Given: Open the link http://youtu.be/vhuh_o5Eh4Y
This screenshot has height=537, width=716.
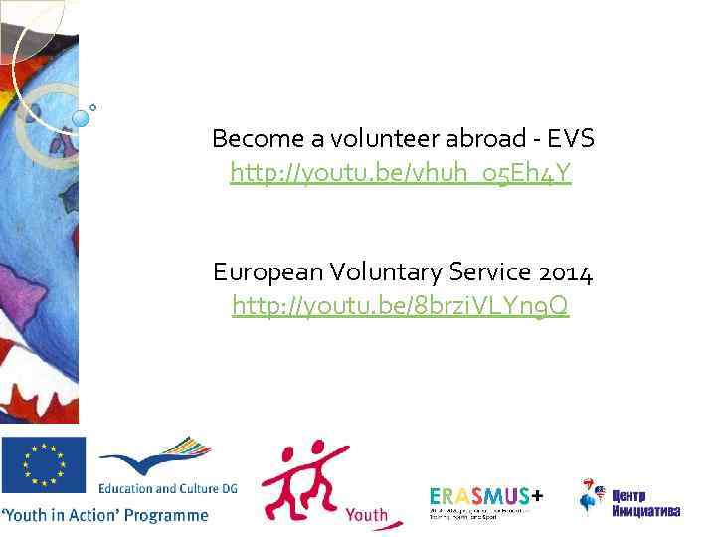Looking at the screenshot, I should click(x=402, y=174).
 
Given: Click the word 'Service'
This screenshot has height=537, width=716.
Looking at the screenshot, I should click(x=482, y=271).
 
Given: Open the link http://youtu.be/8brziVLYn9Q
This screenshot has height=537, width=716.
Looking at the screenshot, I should click(x=402, y=307).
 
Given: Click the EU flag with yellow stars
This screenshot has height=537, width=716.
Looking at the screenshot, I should click(x=44, y=465).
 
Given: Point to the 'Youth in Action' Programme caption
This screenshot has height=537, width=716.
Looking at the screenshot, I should click(x=105, y=515).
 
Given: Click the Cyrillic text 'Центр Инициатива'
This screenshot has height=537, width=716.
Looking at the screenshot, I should click(x=645, y=504).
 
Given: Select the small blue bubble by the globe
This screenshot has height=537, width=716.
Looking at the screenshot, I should click(x=81, y=118).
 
